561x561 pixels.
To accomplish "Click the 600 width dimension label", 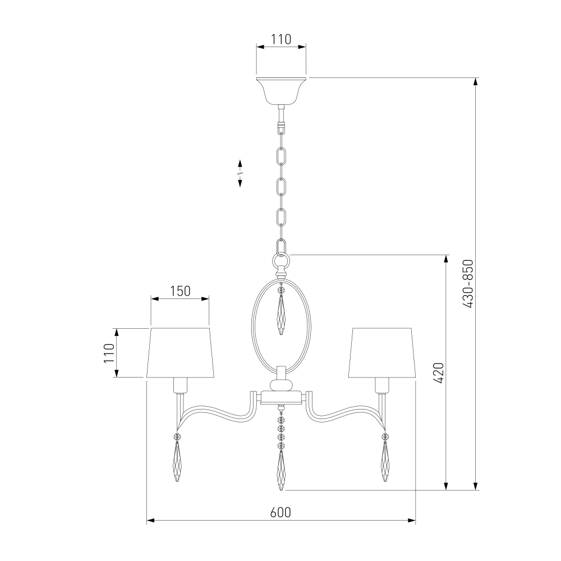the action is [x=281, y=512].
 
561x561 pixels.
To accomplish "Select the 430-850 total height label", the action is [x=468, y=284].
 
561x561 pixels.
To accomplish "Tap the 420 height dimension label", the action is [x=439, y=373].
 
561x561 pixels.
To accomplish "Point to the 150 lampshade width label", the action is [x=180, y=291].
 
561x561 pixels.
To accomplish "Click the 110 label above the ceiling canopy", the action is [x=281, y=39].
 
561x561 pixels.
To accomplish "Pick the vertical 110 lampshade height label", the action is [x=109, y=353].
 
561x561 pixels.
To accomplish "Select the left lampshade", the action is [x=180, y=352].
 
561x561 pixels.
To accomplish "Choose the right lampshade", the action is [x=381, y=352].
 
